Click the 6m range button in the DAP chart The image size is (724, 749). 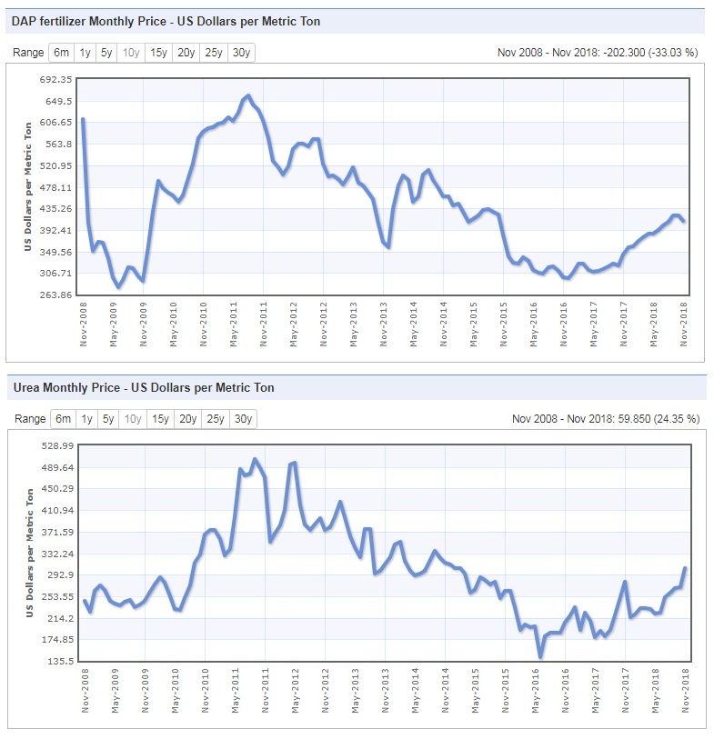point(62,53)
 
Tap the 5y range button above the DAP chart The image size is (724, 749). point(108,53)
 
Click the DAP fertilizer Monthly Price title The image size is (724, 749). point(166,21)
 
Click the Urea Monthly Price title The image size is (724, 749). point(144,388)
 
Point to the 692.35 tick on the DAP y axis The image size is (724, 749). point(55,80)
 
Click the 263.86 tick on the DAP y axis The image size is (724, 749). point(55,295)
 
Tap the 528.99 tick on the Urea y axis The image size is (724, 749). point(55,446)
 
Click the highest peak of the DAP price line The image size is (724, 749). point(247,95)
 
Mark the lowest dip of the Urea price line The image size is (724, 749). point(540,656)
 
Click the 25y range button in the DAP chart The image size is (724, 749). point(214,53)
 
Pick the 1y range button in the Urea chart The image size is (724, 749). point(85,419)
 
